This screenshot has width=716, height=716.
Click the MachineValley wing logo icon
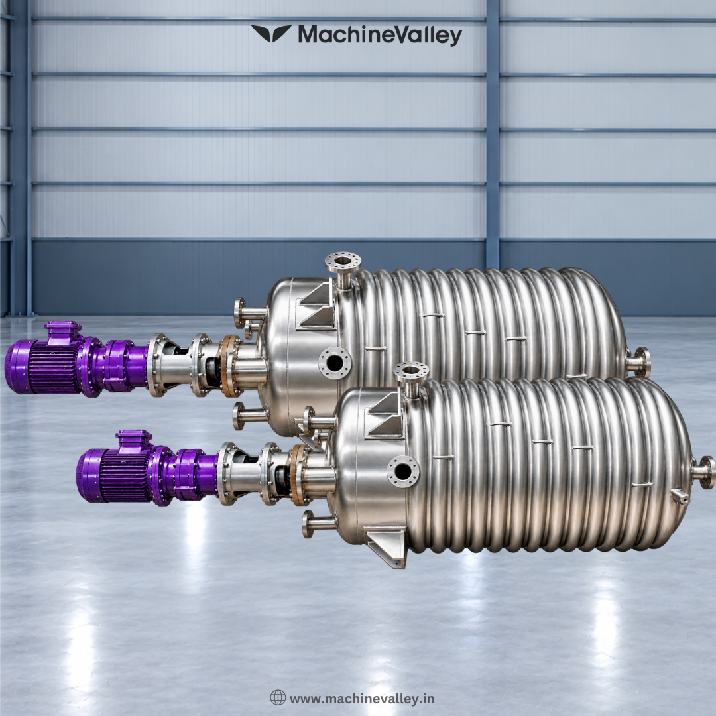271,33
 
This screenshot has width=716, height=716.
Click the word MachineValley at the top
380,35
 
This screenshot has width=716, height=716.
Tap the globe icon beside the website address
278,697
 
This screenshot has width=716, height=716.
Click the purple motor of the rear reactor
43,366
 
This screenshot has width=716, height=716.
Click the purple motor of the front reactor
114,475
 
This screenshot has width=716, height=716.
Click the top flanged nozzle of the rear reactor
343,269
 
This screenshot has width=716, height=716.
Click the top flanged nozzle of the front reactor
411,379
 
